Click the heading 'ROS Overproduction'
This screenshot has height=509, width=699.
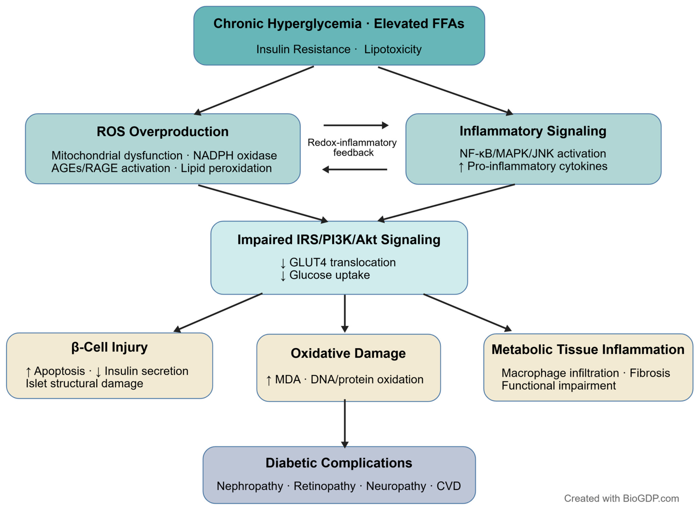[163, 132]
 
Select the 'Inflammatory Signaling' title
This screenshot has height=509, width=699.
[533, 131]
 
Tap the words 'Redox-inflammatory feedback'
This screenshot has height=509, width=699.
[352, 148]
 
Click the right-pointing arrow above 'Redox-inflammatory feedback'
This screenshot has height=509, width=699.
[356, 125]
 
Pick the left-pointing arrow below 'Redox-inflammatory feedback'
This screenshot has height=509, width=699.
[354, 169]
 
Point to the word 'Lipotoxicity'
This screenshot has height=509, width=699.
[393, 49]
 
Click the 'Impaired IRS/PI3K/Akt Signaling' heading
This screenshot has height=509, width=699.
[339, 240]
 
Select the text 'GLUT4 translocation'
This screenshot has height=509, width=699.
[343, 262]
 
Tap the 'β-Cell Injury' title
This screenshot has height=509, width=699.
[109, 348]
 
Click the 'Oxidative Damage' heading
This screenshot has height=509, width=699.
[348, 353]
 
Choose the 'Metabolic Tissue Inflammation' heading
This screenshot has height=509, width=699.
[588, 350]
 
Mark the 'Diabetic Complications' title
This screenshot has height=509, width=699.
[339, 463]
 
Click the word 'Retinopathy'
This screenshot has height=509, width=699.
[325, 486]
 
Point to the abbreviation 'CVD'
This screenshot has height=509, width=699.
[448, 486]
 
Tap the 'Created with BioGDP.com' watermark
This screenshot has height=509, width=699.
[622, 499]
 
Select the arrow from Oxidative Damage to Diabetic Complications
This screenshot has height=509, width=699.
[345, 424]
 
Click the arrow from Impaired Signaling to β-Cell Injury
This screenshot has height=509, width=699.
[218, 313]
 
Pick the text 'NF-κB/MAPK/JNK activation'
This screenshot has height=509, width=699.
[533, 154]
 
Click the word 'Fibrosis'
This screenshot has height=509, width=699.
[650, 373]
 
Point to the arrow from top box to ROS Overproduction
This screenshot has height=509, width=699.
[254, 91]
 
